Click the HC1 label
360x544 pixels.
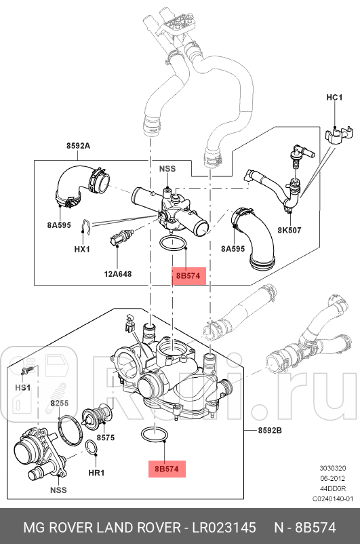coord(334,98)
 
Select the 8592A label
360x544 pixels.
coord(78,146)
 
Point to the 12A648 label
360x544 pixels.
coord(117,274)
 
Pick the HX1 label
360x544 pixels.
coord(82,249)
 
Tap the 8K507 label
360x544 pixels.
coord(289,230)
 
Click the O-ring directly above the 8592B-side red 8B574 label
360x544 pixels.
coord(155,434)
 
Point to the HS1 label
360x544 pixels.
coord(23,387)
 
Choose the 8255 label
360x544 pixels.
coord(60,404)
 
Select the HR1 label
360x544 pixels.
coord(96,472)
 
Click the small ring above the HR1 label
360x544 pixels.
coord(92,447)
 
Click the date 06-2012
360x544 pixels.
coord(333,478)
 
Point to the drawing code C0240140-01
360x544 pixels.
coord(333,499)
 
